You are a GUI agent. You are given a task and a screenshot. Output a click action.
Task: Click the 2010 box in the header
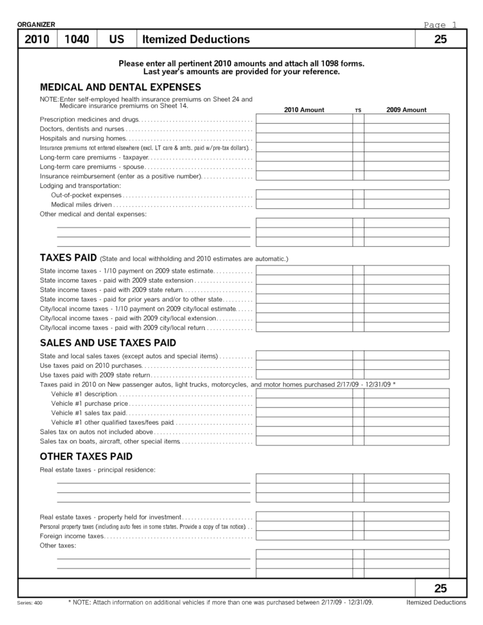[37, 39]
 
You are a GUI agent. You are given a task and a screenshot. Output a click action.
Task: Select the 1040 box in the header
[77, 39]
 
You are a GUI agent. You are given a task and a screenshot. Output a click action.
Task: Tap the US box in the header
[117, 39]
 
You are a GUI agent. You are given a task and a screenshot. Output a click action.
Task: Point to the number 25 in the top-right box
[440, 39]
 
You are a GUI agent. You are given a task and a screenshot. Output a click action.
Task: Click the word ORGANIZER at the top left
[36, 24]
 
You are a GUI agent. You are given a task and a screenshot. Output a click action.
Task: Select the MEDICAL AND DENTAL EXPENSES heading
[120, 87]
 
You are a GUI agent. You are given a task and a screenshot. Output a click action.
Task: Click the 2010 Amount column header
[304, 110]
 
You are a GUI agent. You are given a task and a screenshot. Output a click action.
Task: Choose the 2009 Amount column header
[406, 110]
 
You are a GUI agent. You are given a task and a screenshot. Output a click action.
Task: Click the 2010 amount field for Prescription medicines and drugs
[304, 119]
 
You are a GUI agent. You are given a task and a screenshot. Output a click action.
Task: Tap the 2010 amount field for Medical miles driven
[304, 204]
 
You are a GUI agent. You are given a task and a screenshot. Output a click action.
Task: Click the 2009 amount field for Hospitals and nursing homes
[406, 138]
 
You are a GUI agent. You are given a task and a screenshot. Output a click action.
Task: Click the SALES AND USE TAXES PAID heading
[108, 343]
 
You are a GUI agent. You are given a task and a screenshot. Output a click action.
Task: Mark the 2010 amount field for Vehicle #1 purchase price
[304, 403]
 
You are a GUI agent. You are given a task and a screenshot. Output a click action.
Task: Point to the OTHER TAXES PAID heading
[86, 456]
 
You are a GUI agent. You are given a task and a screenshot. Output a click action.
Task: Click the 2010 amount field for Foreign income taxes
[304, 535]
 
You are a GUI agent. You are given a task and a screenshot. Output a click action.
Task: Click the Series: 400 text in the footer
[29, 603]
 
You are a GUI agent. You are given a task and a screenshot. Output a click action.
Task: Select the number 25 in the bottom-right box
[440, 588]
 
